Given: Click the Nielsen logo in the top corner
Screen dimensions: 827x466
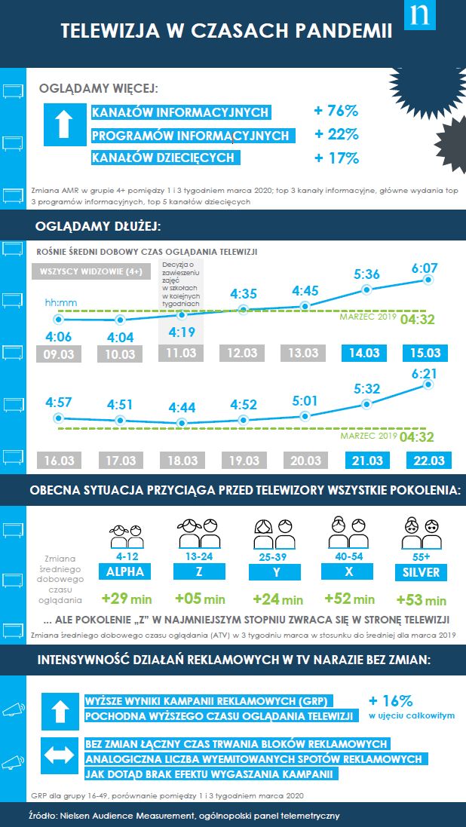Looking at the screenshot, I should point(420,15).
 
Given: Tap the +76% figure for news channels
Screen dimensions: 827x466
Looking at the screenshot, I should point(336,112).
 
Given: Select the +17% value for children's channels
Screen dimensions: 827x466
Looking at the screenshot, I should point(336,158).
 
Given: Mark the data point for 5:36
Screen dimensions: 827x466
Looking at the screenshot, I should point(367,289).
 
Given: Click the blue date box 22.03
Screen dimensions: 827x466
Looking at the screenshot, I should point(428,460).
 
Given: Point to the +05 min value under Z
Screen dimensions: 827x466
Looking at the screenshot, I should point(200,599).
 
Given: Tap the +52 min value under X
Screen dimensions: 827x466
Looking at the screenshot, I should point(349,599).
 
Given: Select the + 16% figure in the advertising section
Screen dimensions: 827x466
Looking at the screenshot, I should point(391,700).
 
